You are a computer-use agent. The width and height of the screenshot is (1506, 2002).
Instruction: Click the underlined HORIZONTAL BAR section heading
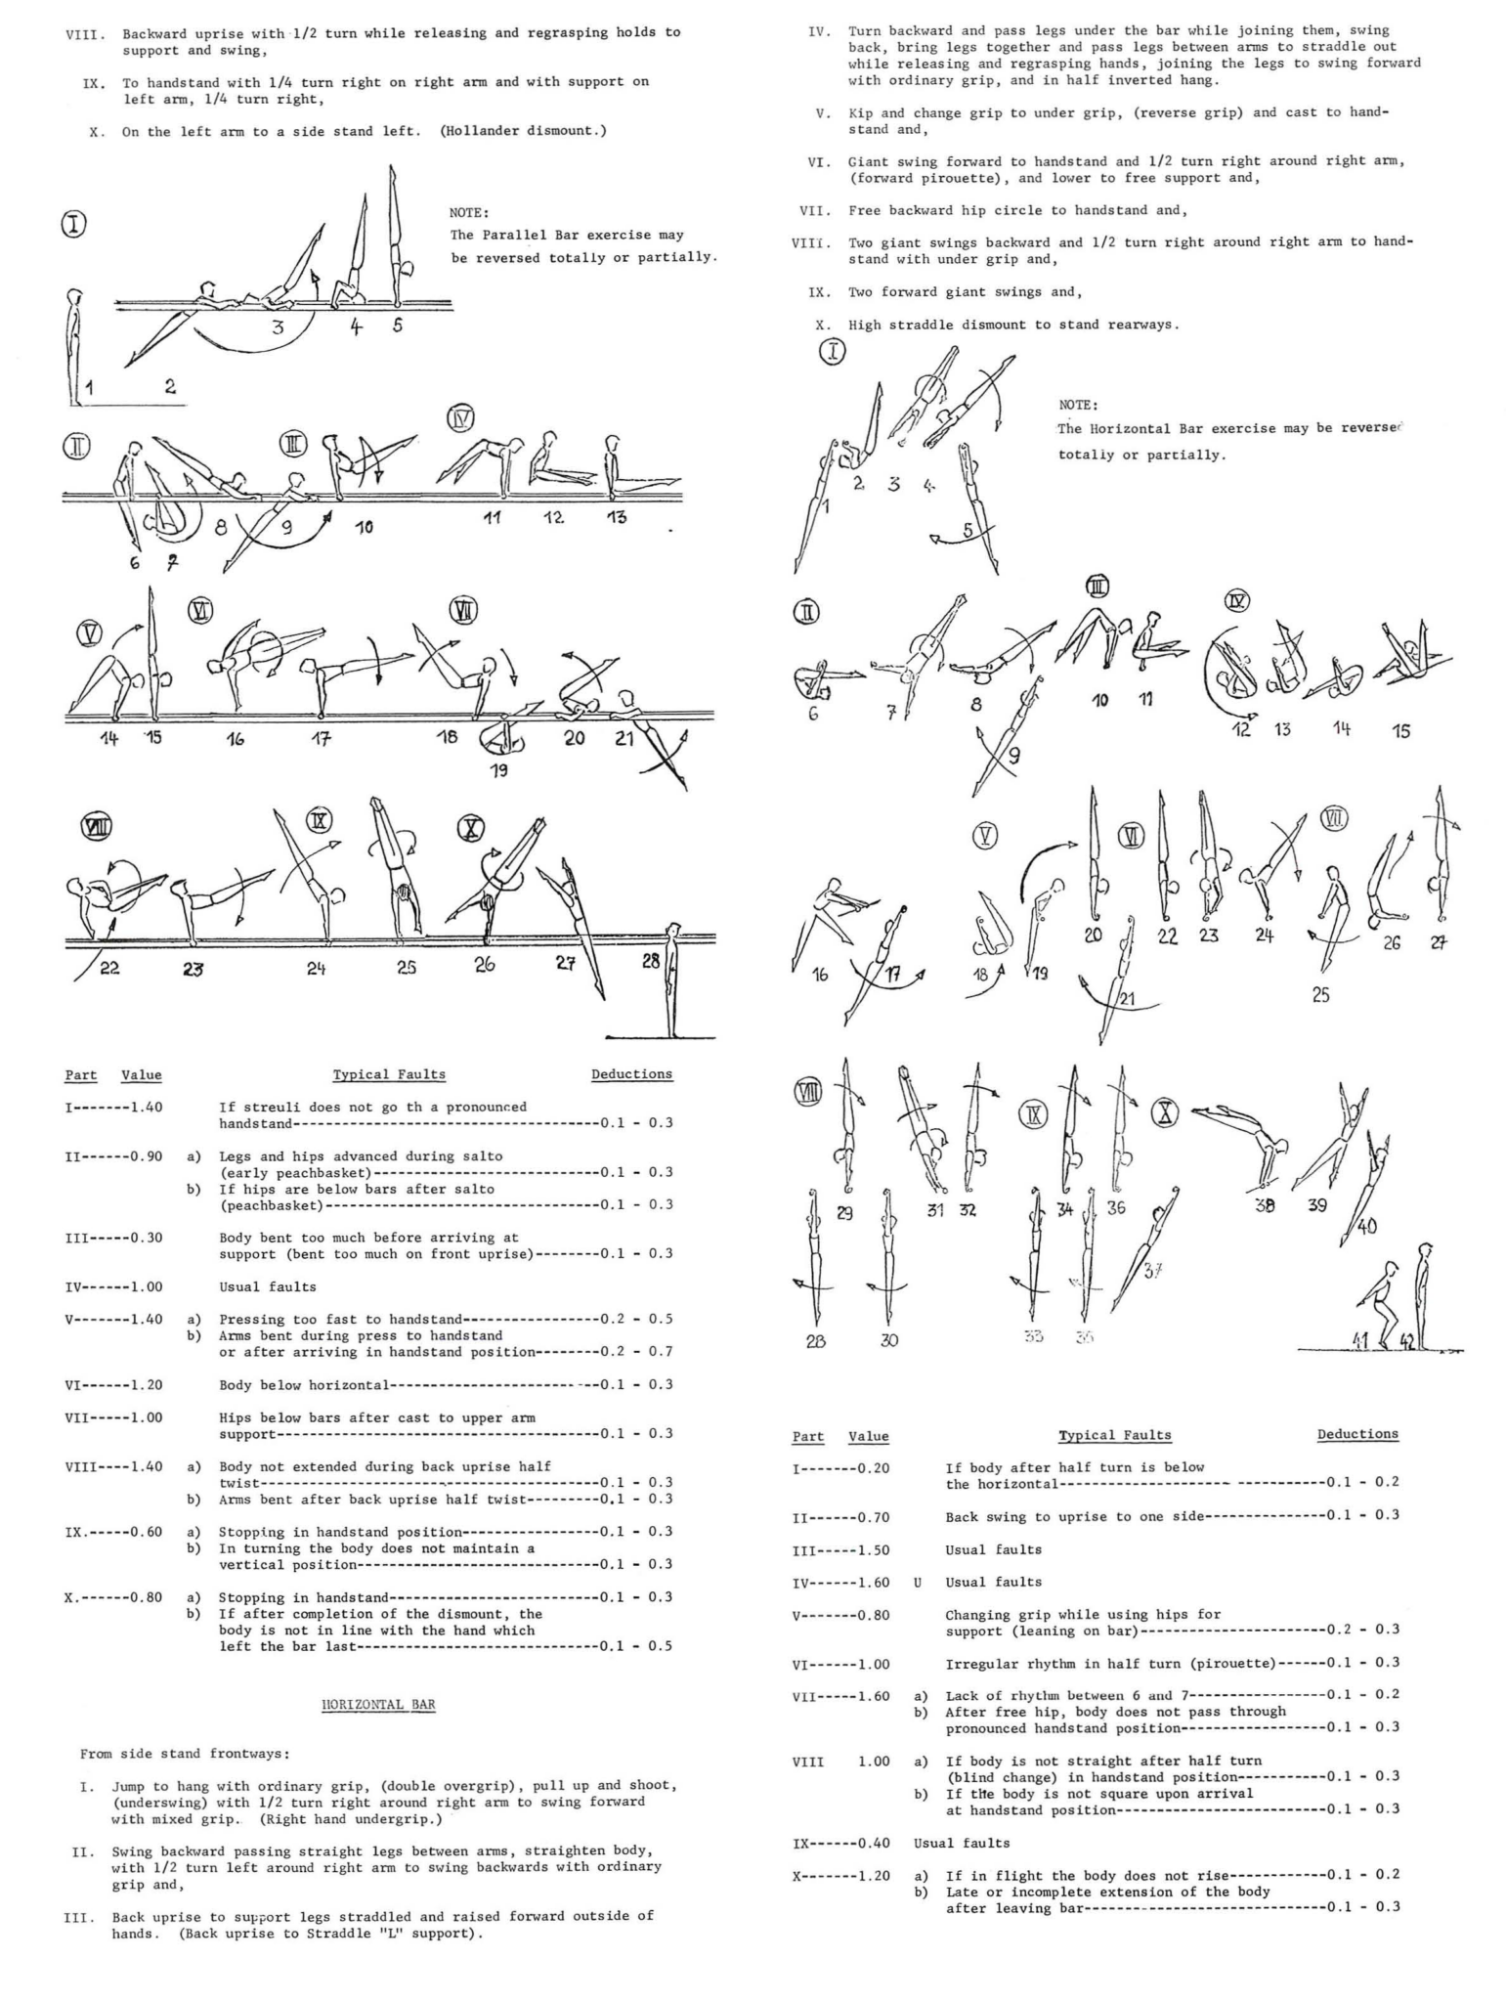click(x=378, y=1705)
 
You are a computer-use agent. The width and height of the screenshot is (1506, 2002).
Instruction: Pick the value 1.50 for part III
click(x=869, y=1549)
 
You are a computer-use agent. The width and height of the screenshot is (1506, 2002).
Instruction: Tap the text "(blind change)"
click(x=994, y=1777)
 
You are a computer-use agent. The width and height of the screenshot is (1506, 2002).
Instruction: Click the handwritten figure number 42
click(x=1408, y=1343)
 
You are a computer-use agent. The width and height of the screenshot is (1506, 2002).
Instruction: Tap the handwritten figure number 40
click(x=1367, y=1226)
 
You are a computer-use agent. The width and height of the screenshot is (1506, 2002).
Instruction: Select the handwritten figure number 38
click(x=1265, y=1206)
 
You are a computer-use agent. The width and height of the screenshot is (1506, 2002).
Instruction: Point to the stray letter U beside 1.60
click(x=918, y=1582)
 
